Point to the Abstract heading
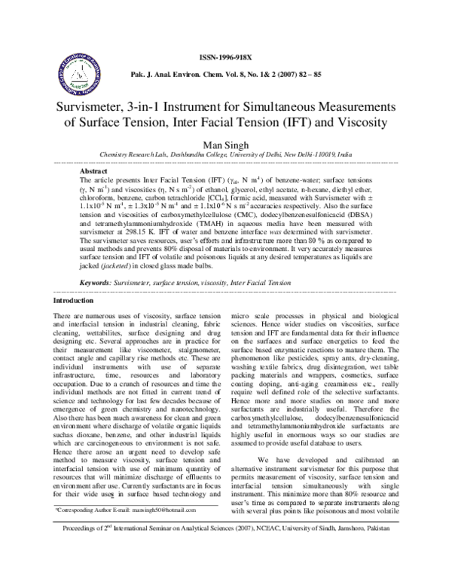coord(95,171)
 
